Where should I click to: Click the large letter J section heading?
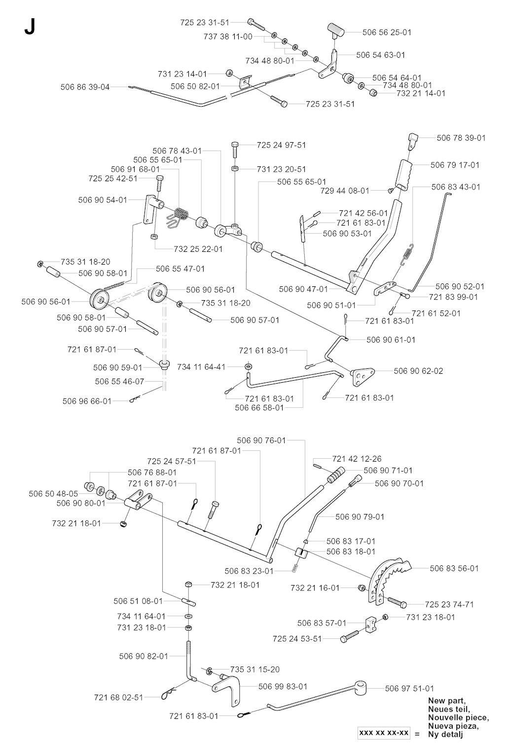(x=30, y=28)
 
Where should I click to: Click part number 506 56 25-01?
(x=387, y=32)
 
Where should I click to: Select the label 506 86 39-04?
(x=85, y=87)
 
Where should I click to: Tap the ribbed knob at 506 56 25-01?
(x=336, y=30)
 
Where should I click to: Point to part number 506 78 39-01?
(x=461, y=138)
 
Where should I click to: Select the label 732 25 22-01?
(x=198, y=249)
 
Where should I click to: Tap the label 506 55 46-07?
(x=119, y=382)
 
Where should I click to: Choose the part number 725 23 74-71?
(x=449, y=604)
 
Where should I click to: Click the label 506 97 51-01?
(x=409, y=688)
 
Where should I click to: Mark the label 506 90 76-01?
(x=261, y=440)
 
